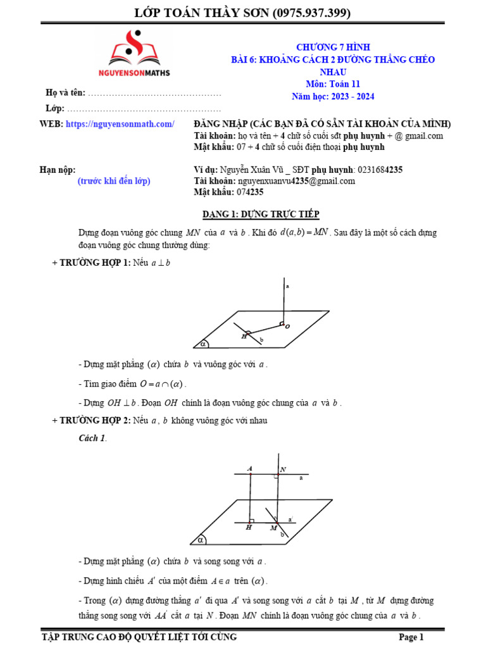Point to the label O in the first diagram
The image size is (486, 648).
(x=287, y=327)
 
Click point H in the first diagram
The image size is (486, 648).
(x=244, y=337)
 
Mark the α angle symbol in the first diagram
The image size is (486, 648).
(x=203, y=344)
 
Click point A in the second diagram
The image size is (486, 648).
(x=251, y=468)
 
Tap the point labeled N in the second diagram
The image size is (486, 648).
(x=283, y=469)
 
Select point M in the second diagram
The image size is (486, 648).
(x=273, y=527)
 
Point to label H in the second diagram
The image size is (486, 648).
(x=249, y=527)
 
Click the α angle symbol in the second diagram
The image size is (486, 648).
(x=200, y=540)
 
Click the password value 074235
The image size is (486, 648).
(x=250, y=192)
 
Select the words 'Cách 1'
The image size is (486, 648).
(x=92, y=438)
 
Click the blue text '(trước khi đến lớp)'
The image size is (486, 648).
(x=114, y=181)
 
